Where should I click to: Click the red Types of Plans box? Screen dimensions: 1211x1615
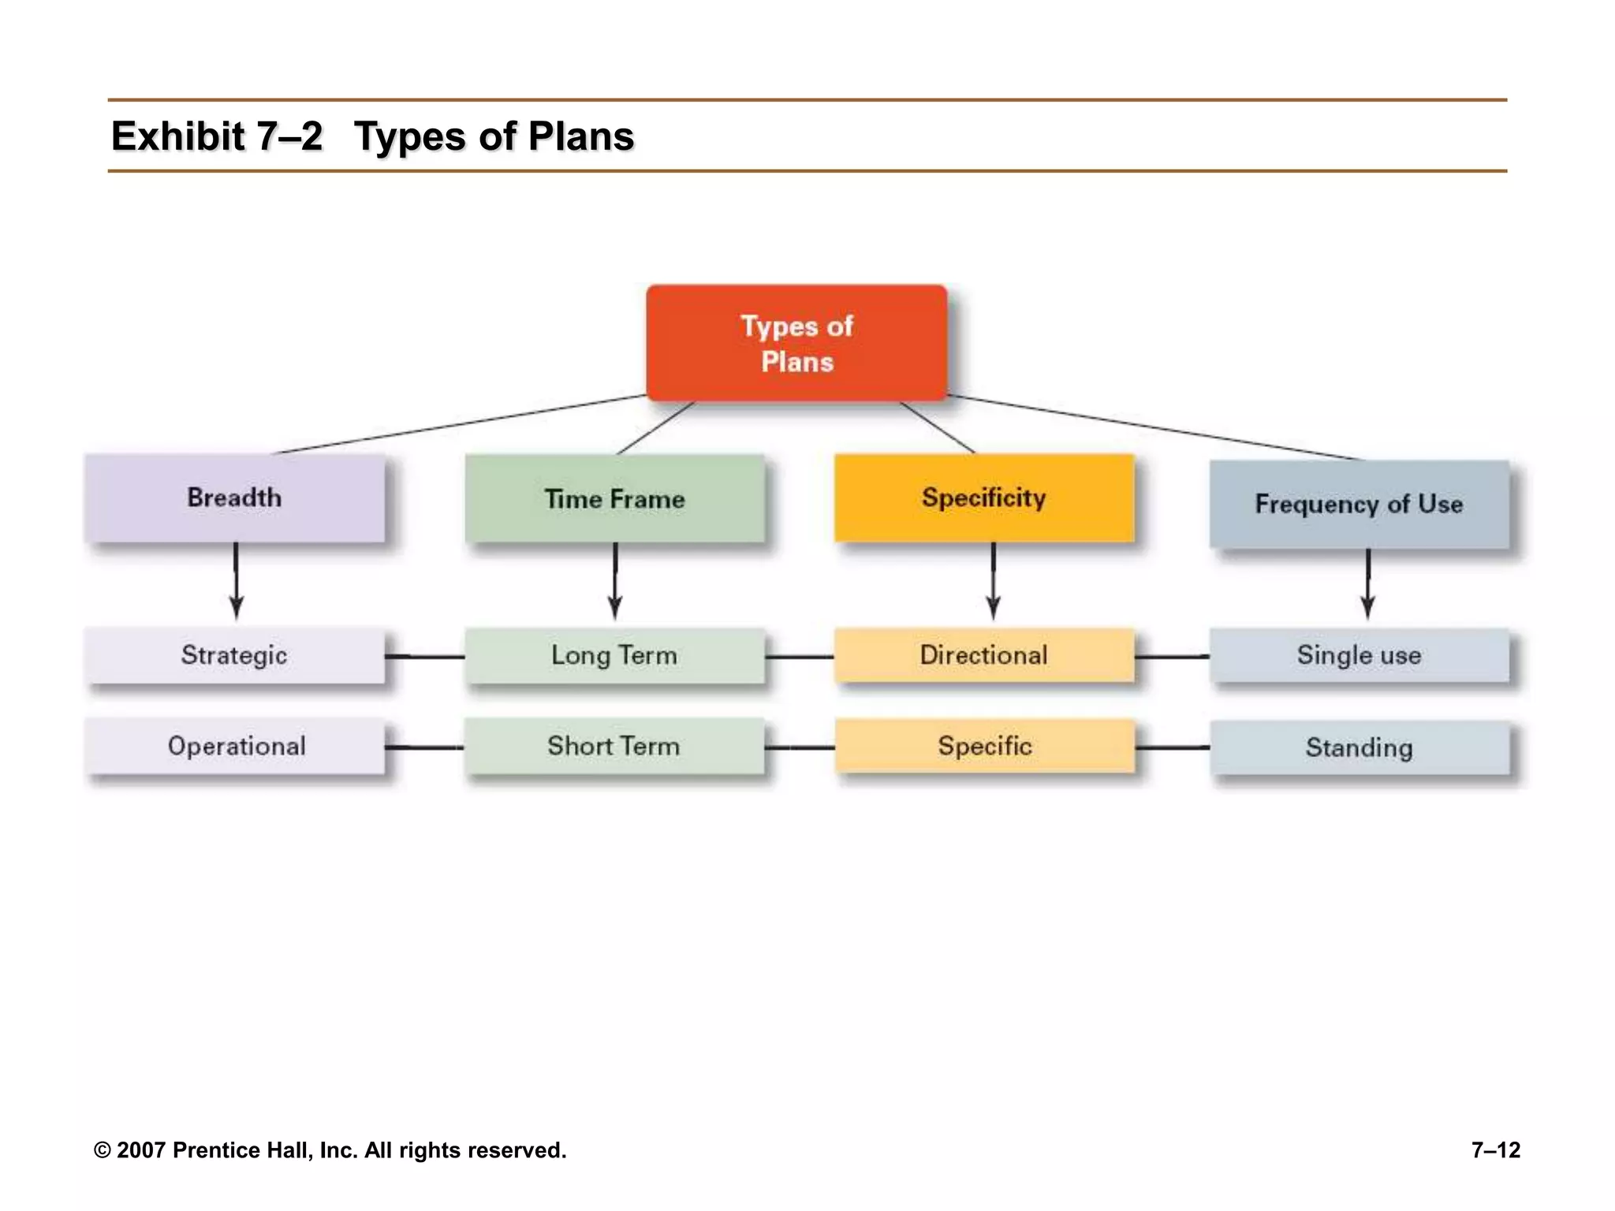click(x=796, y=344)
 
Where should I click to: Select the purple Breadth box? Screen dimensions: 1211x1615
click(x=235, y=498)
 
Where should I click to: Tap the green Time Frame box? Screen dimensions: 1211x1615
click(x=614, y=499)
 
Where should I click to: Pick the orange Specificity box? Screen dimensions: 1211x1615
click(x=984, y=498)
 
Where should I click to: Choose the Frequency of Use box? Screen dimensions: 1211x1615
click(x=1359, y=505)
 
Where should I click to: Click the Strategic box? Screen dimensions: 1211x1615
click(x=235, y=655)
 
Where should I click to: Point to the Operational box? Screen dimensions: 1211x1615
click(x=235, y=746)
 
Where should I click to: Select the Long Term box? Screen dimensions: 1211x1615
click(x=614, y=655)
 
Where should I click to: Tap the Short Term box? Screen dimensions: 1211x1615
click(x=614, y=746)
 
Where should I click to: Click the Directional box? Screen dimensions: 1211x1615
click(x=984, y=655)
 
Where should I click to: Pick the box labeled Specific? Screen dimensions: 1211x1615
click(x=984, y=746)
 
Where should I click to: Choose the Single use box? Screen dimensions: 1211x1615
click(x=1359, y=655)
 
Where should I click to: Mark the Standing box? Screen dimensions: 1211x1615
click(x=1359, y=747)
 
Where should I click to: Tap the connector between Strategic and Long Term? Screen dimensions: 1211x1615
click(x=425, y=656)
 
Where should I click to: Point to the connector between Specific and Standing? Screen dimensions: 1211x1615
click(x=1172, y=747)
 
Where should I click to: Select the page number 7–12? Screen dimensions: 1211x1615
click(x=1495, y=1150)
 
